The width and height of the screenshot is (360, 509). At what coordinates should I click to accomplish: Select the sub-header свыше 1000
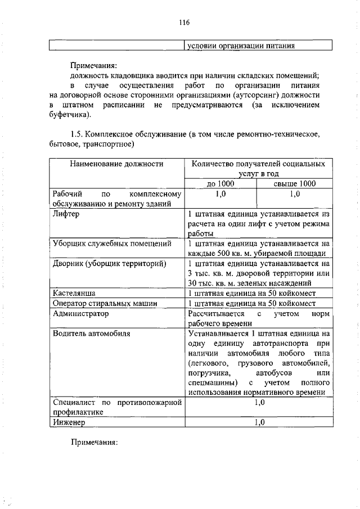[294, 184]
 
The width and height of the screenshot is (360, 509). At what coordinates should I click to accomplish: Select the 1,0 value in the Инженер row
[259, 422]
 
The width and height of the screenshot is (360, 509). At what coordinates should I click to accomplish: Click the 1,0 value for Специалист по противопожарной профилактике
[259, 403]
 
